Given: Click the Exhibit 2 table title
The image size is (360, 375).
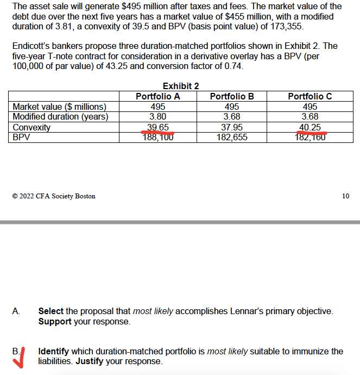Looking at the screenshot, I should pos(180,86).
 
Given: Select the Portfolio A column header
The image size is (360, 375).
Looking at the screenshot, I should pos(157,96).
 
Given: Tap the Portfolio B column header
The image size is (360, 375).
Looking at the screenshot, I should pos(232,96).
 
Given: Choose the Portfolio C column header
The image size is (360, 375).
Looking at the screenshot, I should pos(310,96).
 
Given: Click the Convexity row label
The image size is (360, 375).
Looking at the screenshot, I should pos(31,127).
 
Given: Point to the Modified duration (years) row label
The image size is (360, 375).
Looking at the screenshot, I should pos(60,116).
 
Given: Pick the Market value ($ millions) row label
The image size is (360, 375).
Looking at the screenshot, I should pos(59,107).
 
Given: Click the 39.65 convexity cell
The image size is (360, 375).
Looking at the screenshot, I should pos(157,127).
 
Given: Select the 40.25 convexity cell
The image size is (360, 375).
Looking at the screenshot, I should pos(310,127).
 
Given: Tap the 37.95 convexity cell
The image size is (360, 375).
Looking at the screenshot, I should pos(232,127).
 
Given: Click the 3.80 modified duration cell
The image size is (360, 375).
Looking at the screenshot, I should pos(157,116).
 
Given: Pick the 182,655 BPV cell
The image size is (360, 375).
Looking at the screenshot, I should pos(232,137).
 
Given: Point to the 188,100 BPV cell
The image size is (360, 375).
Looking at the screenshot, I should pos(157,137).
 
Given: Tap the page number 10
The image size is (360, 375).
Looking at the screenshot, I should pos(346,196).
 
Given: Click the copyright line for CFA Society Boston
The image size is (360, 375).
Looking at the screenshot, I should pos(53,196).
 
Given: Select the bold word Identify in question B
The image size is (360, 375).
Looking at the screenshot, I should pos(53,351).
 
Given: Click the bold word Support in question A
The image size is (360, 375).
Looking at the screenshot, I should pos(55,321).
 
